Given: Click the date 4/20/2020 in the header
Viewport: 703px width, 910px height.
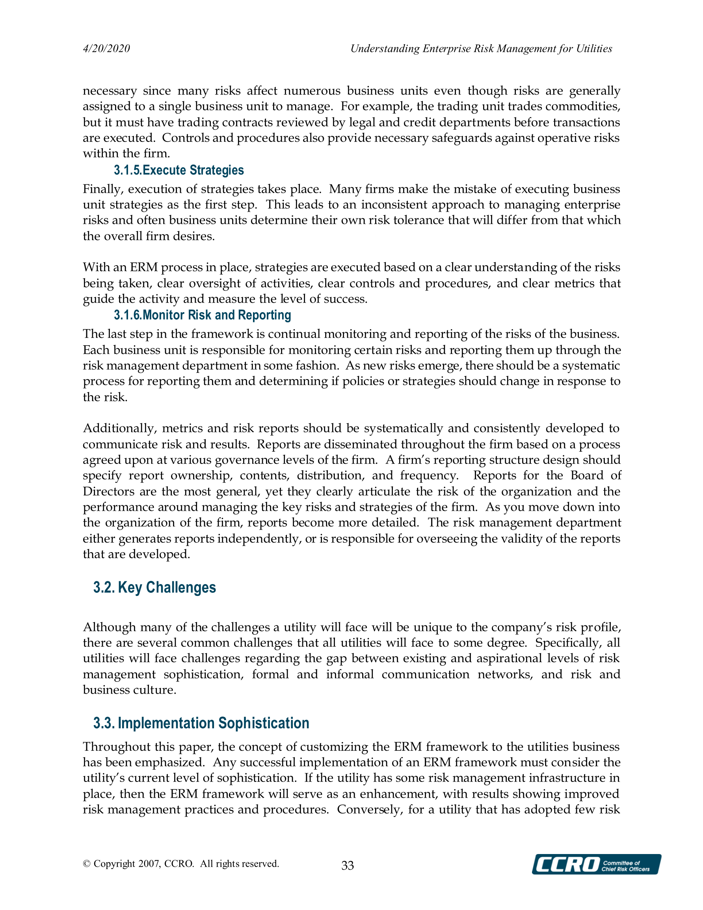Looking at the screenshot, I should [106, 49].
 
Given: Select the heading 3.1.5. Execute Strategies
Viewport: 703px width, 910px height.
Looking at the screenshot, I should [179, 170].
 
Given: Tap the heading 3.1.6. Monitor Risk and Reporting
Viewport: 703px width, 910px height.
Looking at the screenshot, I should [202, 315].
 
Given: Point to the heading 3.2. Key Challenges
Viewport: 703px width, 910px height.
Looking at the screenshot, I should [154, 587].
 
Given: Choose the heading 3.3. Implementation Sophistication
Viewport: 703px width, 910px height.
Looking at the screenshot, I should [201, 723].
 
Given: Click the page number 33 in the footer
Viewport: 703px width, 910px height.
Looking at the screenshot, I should [348, 865].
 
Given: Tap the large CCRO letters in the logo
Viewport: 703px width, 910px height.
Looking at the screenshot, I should [566, 865].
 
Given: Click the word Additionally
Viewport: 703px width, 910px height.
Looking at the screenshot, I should [119, 428].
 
